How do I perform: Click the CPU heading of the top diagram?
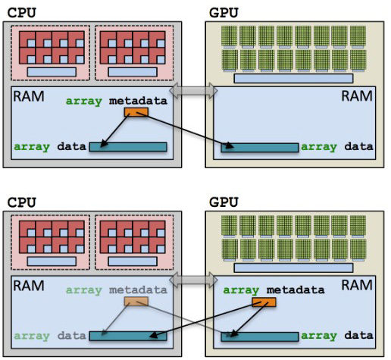[x=22, y=13]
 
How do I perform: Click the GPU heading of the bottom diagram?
[x=224, y=202]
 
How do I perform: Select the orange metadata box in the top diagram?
[x=136, y=112]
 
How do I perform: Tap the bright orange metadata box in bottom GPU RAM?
[x=264, y=302]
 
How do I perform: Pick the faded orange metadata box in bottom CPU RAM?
[x=136, y=302]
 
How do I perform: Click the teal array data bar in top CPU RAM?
[x=128, y=147]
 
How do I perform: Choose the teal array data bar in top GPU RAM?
[x=260, y=148]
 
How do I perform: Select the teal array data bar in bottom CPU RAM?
[x=128, y=337]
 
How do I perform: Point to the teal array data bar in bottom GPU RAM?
[x=260, y=337]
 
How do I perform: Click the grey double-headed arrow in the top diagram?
[x=193, y=91]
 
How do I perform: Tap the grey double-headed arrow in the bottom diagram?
[x=193, y=280]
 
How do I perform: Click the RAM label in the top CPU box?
[x=29, y=96]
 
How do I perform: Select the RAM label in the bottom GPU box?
[x=357, y=285]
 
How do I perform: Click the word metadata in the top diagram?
[x=138, y=101]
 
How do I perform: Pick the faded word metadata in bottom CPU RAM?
[x=138, y=290]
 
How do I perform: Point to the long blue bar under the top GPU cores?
[x=293, y=79]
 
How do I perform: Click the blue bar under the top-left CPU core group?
[x=52, y=72]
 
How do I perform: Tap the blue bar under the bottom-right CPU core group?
[x=133, y=261]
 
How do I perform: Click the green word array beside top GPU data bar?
[x=319, y=147]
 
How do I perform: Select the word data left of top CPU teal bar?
[x=72, y=146]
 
